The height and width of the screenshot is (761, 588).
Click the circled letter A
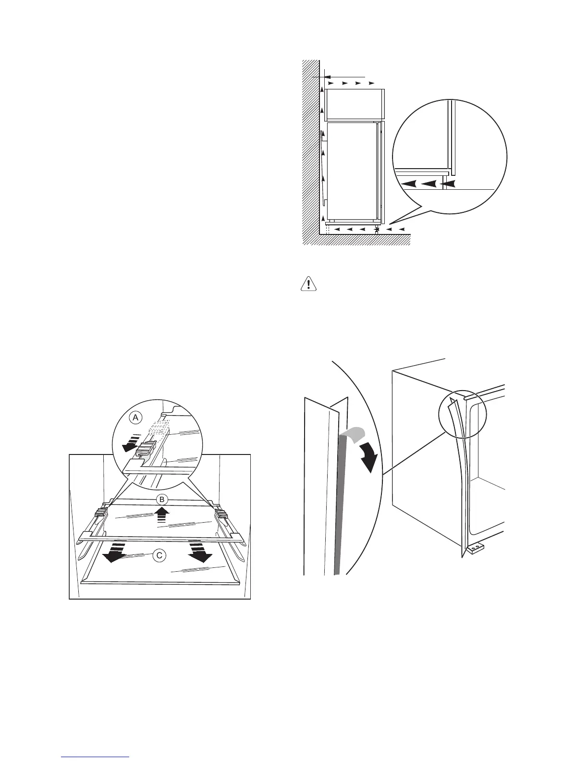click(x=135, y=418)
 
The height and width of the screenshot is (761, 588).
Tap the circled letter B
click(x=162, y=500)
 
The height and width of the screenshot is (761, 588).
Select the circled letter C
click(x=159, y=555)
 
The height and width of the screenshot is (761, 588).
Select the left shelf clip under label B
click(x=100, y=516)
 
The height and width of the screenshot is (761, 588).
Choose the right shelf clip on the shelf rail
click(x=221, y=517)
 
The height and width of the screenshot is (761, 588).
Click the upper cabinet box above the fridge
click(x=354, y=104)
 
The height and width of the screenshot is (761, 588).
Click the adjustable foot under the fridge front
click(x=376, y=231)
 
